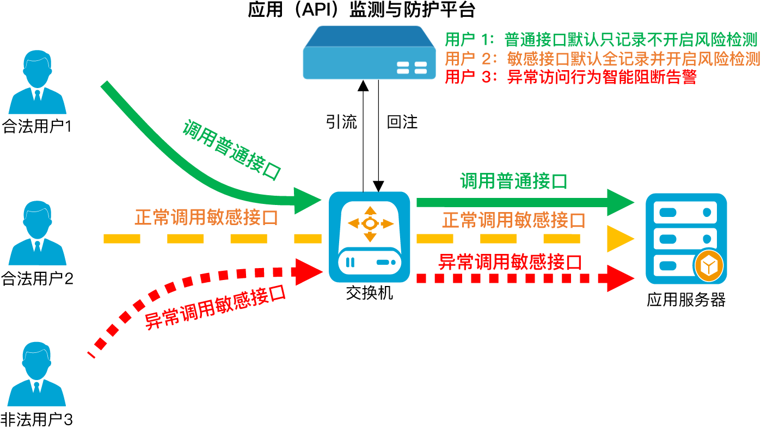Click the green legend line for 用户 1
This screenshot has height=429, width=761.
click(x=601, y=40)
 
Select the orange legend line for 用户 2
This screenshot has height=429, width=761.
click(x=602, y=59)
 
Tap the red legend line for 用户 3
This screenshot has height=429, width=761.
click(x=570, y=77)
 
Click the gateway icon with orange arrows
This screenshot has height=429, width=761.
click(x=370, y=237)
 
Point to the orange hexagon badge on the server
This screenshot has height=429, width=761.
click(x=708, y=266)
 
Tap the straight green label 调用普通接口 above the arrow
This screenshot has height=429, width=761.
click(x=513, y=181)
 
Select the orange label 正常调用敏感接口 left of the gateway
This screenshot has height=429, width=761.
click(x=206, y=217)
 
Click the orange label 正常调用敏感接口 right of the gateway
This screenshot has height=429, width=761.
click(x=513, y=220)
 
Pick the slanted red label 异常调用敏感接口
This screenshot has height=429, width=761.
click(x=216, y=307)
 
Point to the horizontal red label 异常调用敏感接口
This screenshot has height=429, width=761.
click(x=510, y=263)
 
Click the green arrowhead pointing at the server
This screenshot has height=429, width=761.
click(x=621, y=202)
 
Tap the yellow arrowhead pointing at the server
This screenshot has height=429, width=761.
click(x=621, y=239)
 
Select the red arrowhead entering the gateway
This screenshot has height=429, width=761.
click(x=309, y=271)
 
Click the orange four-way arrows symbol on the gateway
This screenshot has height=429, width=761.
click(x=370, y=223)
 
